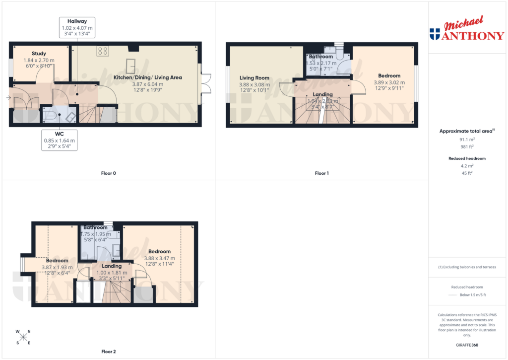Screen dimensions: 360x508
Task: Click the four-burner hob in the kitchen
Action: (103, 50)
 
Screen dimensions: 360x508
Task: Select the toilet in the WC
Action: (50, 115)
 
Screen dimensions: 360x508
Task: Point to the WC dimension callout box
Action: (59, 140)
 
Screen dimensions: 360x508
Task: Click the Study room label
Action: (39, 54)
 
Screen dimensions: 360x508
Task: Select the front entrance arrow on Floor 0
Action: (8, 98)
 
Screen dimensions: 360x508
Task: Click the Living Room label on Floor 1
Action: (254, 78)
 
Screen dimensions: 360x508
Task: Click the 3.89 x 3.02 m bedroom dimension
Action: (389, 82)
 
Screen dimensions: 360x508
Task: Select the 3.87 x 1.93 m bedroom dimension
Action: (57, 267)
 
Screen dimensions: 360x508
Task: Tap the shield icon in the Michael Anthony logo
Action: (435, 34)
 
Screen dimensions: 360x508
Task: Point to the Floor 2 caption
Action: (108, 352)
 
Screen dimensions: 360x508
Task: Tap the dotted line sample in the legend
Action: (451, 295)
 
